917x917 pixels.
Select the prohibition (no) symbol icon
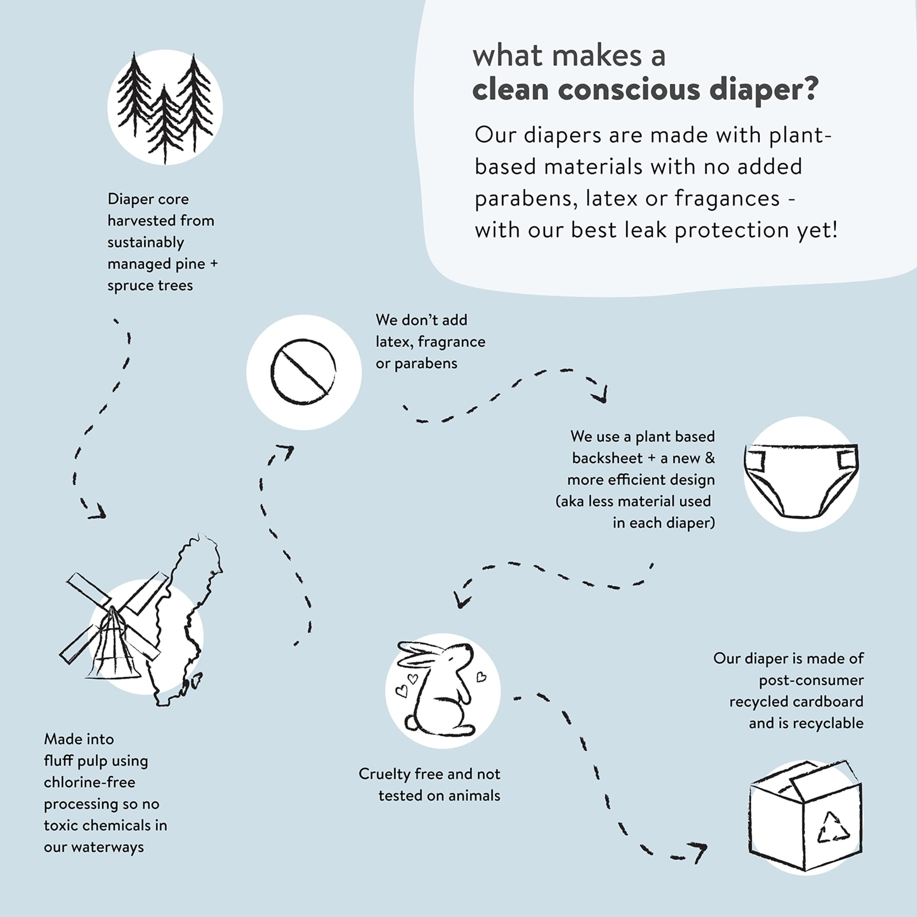click(303, 372)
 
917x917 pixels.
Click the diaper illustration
click(801, 480)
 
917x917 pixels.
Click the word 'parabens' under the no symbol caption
click(426, 364)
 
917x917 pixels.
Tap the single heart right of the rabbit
click(481, 676)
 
